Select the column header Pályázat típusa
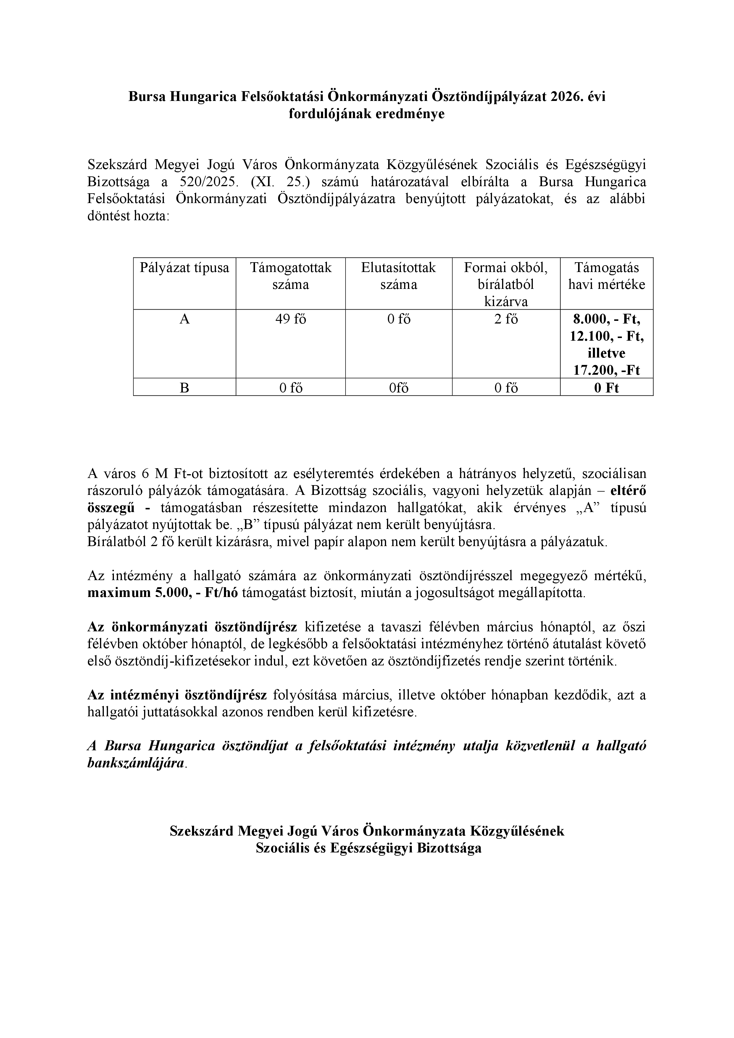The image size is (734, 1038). (x=184, y=268)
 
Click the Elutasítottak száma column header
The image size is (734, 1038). (x=398, y=276)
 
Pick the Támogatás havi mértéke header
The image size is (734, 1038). (x=606, y=276)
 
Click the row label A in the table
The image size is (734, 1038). (x=184, y=320)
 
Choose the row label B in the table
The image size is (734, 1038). (x=184, y=388)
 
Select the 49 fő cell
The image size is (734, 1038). (x=291, y=320)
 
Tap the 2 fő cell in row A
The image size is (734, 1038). (x=506, y=320)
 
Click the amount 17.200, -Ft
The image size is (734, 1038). (x=606, y=371)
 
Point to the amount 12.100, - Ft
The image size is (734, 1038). (x=606, y=337)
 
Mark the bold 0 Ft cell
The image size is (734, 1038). (x=606, y=388)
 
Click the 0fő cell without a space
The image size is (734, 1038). (x=398, y=388)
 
